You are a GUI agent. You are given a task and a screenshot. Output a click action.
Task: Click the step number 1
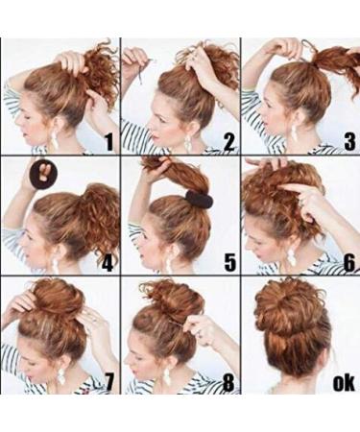click(x=108, y=143)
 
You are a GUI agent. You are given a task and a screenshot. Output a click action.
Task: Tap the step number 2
click(x=228, y=143)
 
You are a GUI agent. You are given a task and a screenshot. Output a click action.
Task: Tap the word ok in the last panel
click(x=343, y=384)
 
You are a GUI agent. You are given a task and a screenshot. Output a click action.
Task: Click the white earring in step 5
click(x=171, y=259)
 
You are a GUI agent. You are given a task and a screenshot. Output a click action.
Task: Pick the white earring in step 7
click(x=61, y=376)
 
